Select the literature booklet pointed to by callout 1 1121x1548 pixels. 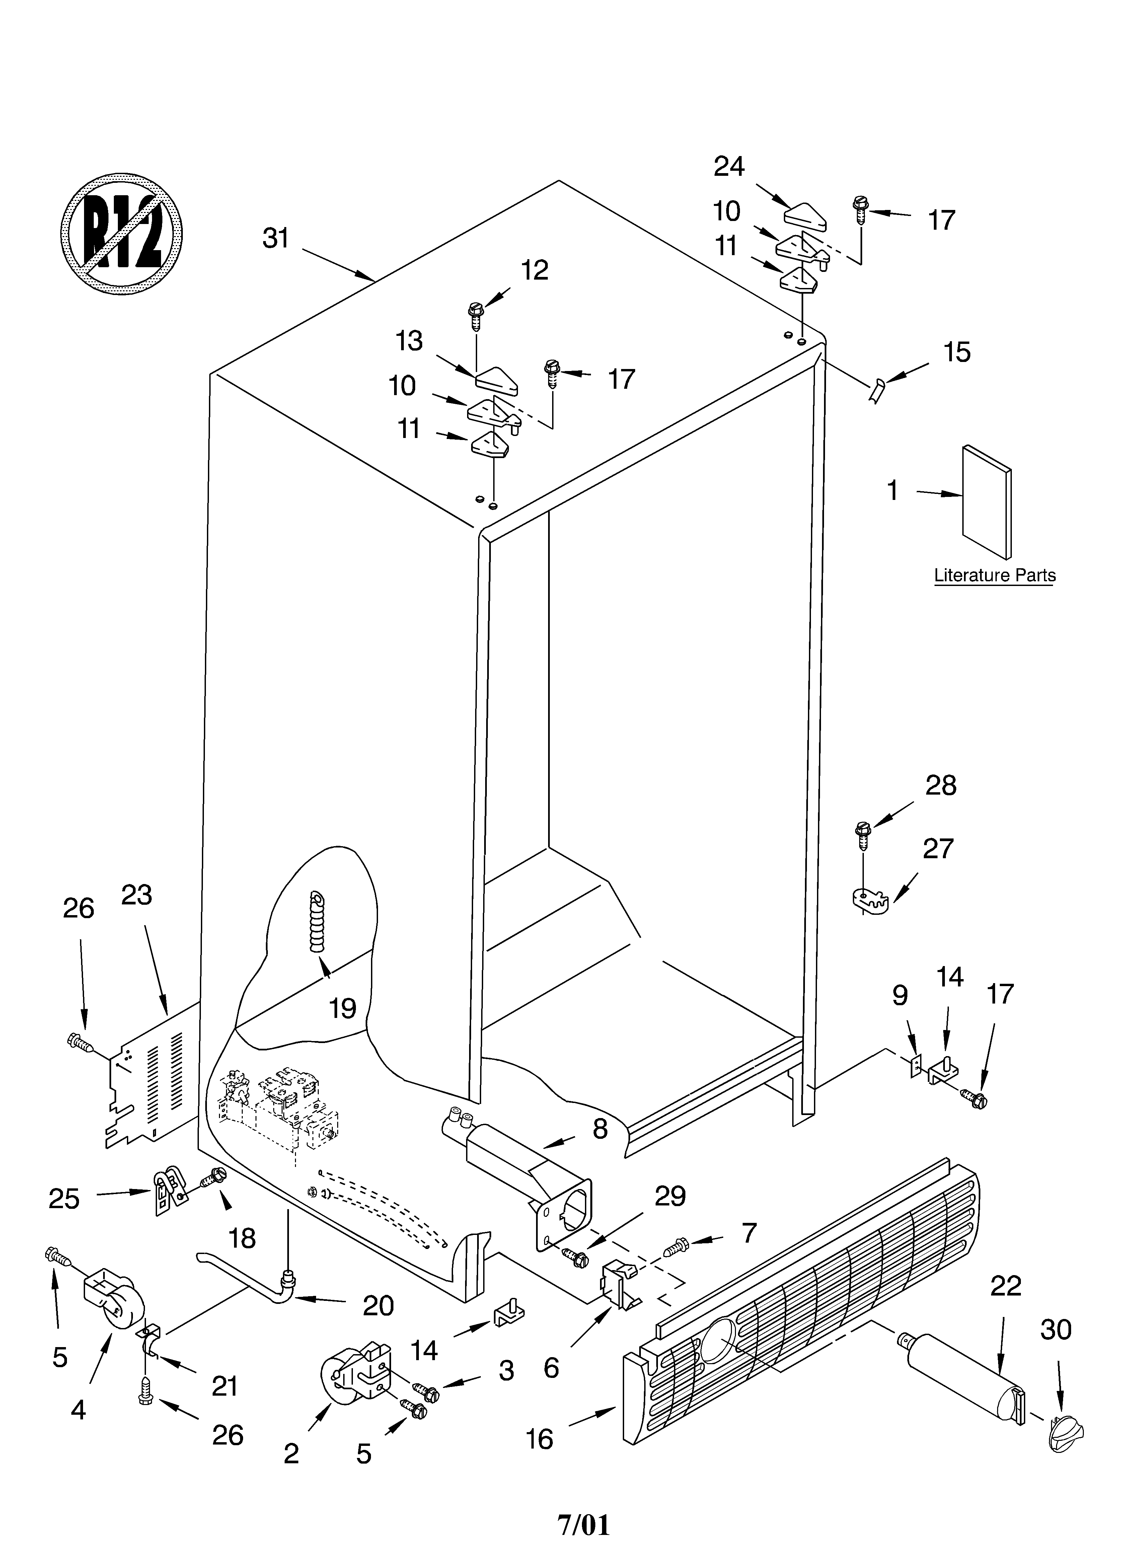pyautogui.click(x=986, y=502)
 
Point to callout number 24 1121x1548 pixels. pyautogui.click(x=729, y=166)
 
